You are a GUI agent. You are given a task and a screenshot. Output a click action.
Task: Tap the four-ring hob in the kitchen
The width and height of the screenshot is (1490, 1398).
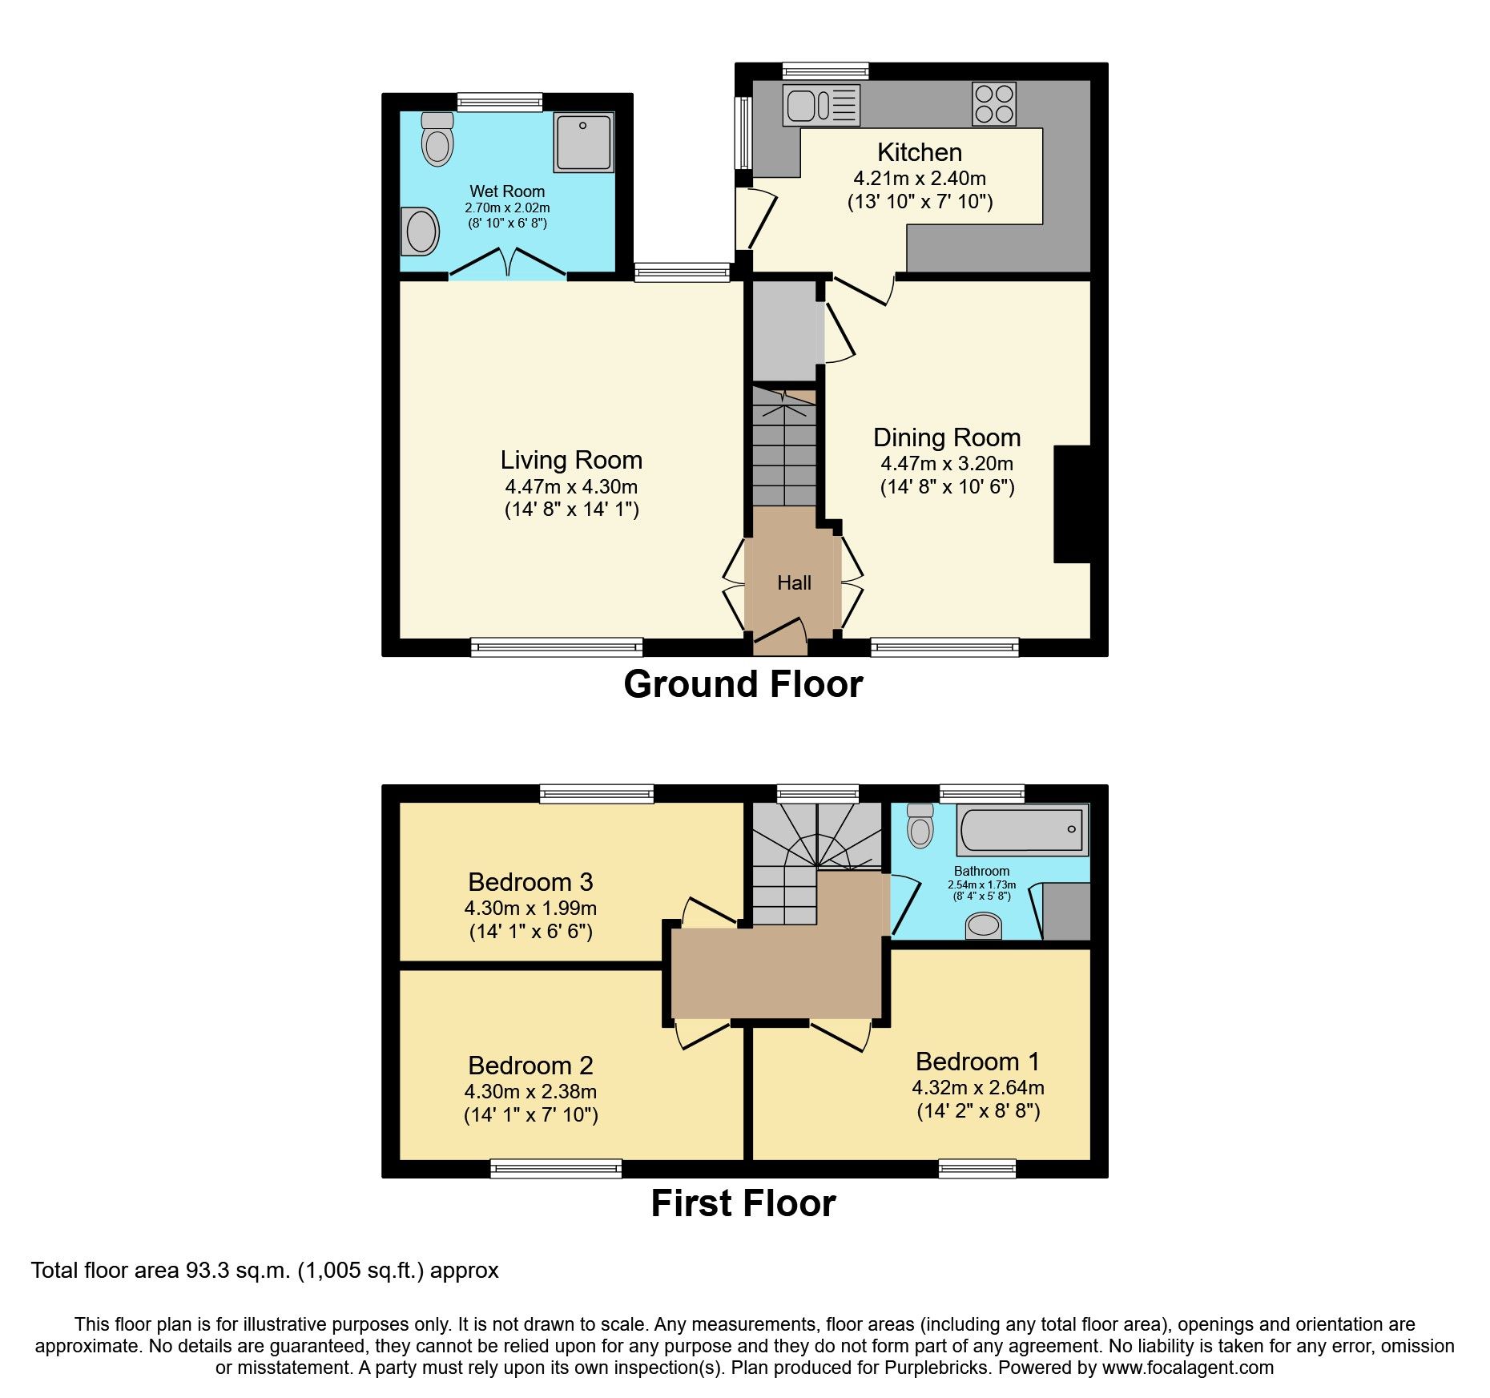click(x=994, y=104)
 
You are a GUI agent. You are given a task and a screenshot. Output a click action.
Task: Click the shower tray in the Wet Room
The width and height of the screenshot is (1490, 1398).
click(x=583, y=142)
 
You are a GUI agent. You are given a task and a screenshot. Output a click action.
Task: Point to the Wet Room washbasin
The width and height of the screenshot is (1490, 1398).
click(x=421, y=232)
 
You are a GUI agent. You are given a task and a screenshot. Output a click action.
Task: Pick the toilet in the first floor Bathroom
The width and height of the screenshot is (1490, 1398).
click(x=920, y=828)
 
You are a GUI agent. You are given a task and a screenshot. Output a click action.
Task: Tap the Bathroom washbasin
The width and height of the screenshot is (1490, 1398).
click(x=984, y=927)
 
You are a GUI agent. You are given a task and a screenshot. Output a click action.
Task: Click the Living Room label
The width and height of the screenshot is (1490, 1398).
click(x=571, y=460)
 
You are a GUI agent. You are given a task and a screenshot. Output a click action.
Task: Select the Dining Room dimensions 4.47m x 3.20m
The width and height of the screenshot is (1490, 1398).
click(x=947, y=463)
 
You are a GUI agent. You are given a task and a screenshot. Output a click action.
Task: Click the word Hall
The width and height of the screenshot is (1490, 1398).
click(x=794, y=582)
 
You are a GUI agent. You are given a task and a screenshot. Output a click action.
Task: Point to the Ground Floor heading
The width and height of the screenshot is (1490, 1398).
click(x=743, y=684)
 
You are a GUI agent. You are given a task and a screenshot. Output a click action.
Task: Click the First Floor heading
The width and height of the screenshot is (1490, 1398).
click(x=743, y=1203)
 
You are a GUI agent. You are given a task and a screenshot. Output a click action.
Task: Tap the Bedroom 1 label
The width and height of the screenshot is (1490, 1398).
click(x=977, y=1062)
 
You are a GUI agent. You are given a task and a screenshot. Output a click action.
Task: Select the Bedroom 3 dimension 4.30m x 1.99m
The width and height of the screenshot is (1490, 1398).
click(x=530, y=908)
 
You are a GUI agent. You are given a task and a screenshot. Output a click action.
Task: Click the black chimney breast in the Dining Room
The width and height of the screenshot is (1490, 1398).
click(x=1072, y=504)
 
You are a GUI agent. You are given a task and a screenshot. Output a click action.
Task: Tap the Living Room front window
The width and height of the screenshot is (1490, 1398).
click(x=556, y=647)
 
